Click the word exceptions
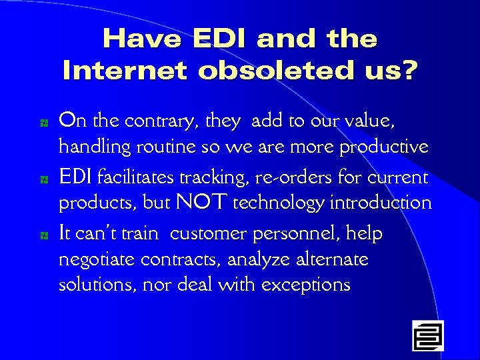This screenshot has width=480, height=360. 306,285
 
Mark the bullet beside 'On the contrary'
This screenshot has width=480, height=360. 42,123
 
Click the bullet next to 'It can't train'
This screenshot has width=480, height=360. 42,235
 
